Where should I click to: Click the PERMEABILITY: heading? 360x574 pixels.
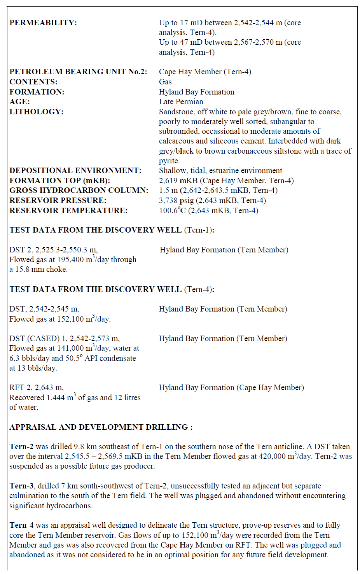pyautogui.click(x=43, y=23)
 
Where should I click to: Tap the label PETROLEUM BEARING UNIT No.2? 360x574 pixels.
pyautogui.click(x=78, y=72)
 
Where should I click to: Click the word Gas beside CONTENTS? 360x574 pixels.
pyautogui.click(x=165, y=82)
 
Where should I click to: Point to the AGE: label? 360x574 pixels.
pyautogui.click(x=19, y=102)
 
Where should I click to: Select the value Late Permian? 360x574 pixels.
pyautogui.click(x=181, y=102)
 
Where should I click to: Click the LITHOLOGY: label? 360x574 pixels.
pyautogui.click(x=37, y=112)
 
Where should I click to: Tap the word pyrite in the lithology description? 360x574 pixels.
pyautogui.click(x=169, y=161)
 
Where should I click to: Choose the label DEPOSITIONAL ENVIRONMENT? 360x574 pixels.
pyautogui.click(x=75, y=171)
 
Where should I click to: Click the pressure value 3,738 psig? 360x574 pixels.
pyautogui.click(x=176, y=201)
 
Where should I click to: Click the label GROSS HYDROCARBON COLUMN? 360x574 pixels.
pyautogui.click(x=79, y=191)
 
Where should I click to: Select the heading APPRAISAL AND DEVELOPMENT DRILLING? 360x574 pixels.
pyautogui.click(x=99, y=427)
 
